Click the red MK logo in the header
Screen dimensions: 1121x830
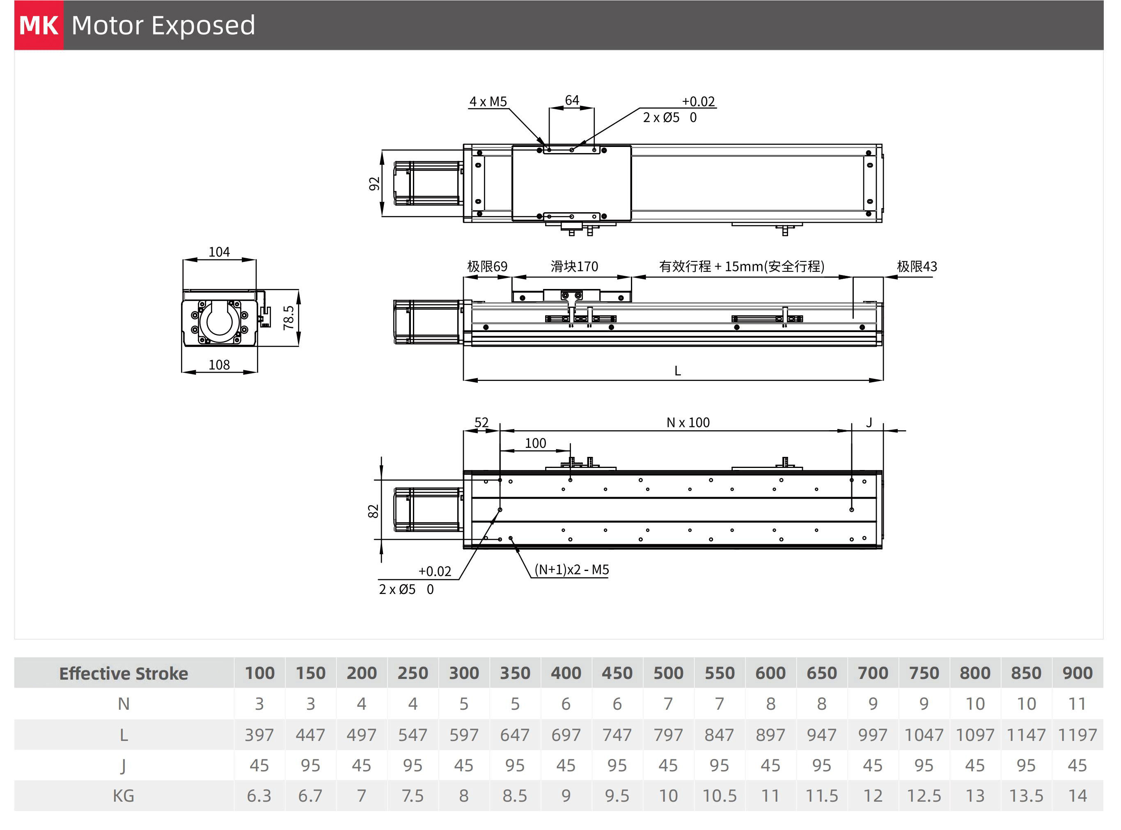tap(39, 25)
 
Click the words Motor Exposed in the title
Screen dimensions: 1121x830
tap(163, 25)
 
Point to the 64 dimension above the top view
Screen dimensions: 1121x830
tap(572, 100)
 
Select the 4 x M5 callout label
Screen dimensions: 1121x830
tap(488, 101)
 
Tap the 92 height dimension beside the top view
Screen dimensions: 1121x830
tap(374, 184)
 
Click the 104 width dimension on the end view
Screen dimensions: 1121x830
tap(219, 252)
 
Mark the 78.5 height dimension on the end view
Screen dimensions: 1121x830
tap(289, 318)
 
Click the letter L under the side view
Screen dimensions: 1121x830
tap(677, 371)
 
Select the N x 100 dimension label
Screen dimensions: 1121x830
tap(688, 422)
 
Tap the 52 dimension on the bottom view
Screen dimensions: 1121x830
tap(481, 422)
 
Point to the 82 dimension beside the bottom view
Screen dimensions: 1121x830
tap(373, 511)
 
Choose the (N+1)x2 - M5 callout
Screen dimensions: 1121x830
tap(572, 569)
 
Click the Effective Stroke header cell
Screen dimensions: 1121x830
tap(124, 673)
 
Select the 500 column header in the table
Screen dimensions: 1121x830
tap(668, 673)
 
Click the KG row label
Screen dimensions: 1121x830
tap(123, 796)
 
